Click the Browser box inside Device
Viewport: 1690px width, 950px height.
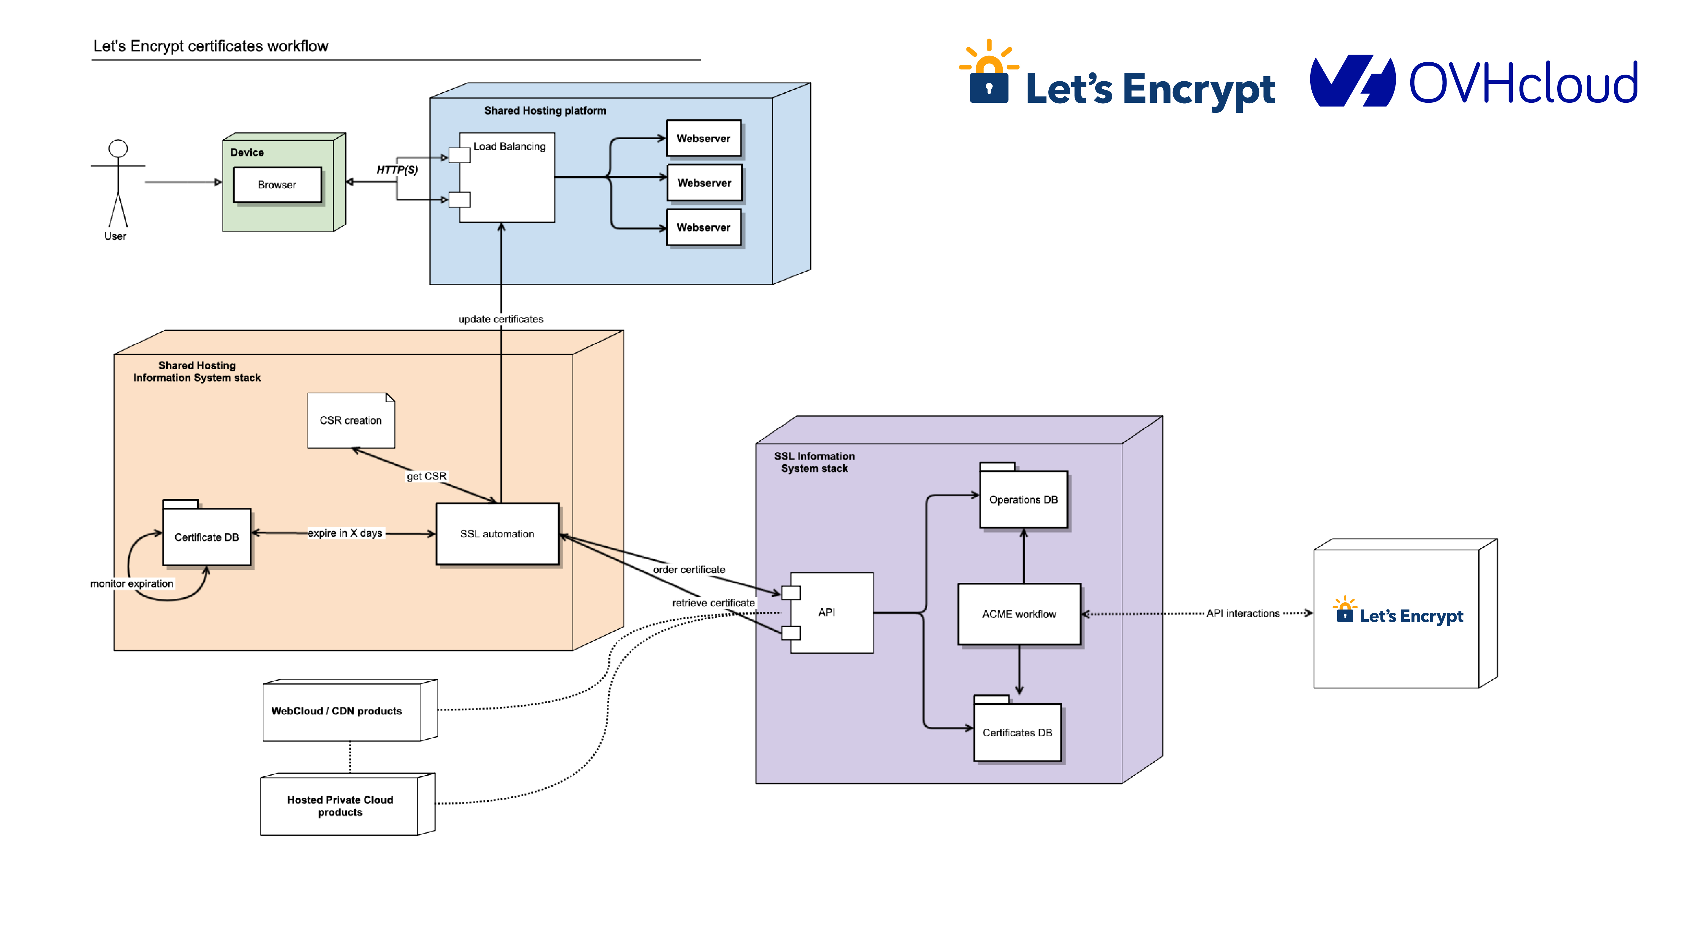click(277, 185)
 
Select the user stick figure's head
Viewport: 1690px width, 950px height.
click(118, 148)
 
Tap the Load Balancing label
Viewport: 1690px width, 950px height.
click(509, 146)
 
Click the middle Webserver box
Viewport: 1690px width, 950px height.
click(704, 183)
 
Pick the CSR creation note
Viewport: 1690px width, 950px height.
click(350, 421)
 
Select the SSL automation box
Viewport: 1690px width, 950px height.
click(497, 534)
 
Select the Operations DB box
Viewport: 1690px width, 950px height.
click(1023, 500)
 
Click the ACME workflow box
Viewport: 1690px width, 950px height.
click(1019, 614)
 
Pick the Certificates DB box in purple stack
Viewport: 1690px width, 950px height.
click(1017, 733)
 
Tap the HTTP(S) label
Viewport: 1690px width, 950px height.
click(397, 170)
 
